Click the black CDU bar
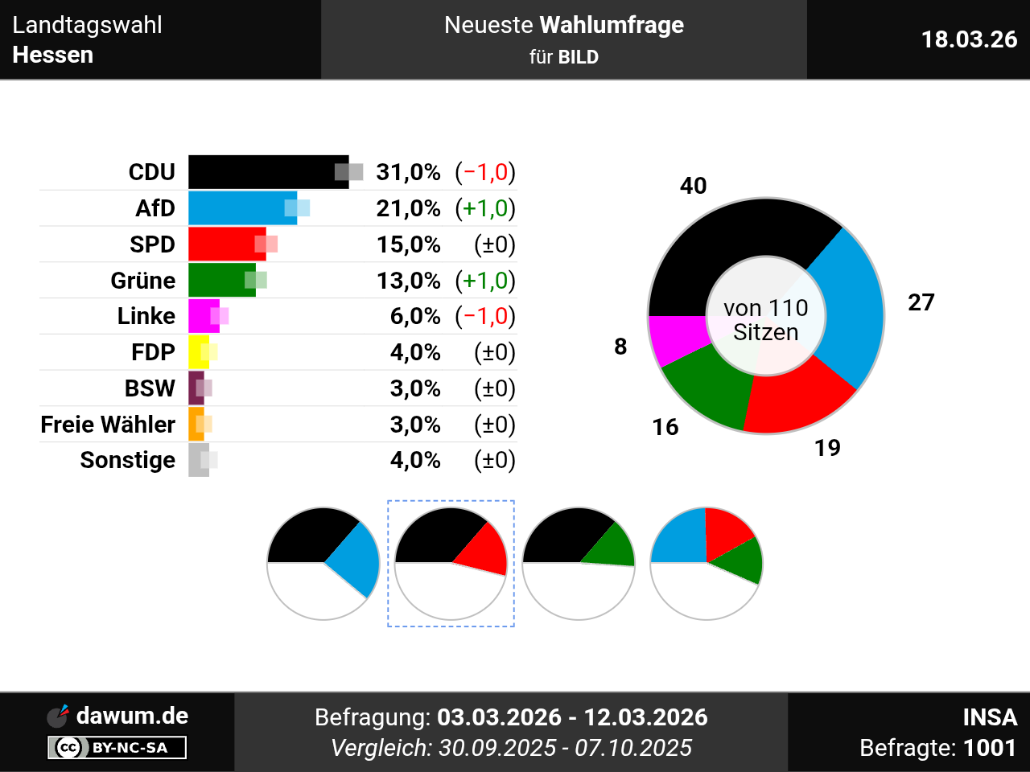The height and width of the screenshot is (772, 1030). click(x=266, y=172)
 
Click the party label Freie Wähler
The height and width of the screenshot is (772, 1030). click(x=108, y=425)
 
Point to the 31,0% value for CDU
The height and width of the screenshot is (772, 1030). click(x=408, y=172)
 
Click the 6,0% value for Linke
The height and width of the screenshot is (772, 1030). click(x=415, y=316)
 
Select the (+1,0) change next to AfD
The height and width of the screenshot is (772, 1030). click(x=485, y=208)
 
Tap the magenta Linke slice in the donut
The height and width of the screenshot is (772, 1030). click(x=674, y=339)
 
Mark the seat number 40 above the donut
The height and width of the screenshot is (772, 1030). click(x=693, y=186)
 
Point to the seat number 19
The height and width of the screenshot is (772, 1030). click(x=827, y=448)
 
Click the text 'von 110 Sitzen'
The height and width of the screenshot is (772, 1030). click(x=766, y=319)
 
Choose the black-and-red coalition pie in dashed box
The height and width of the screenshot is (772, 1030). click(x=451, y=563)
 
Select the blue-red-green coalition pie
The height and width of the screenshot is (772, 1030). click(x=707, y=563)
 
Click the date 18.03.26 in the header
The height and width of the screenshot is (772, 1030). click(x=969, y=39)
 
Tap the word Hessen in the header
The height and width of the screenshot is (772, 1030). click(x=53, y=55)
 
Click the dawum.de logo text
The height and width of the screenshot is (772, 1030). click(x=132, y=716)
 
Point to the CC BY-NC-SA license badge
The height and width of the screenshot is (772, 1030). click(x=117, y=748)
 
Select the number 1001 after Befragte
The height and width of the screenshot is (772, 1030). click(x=990, y=748)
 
